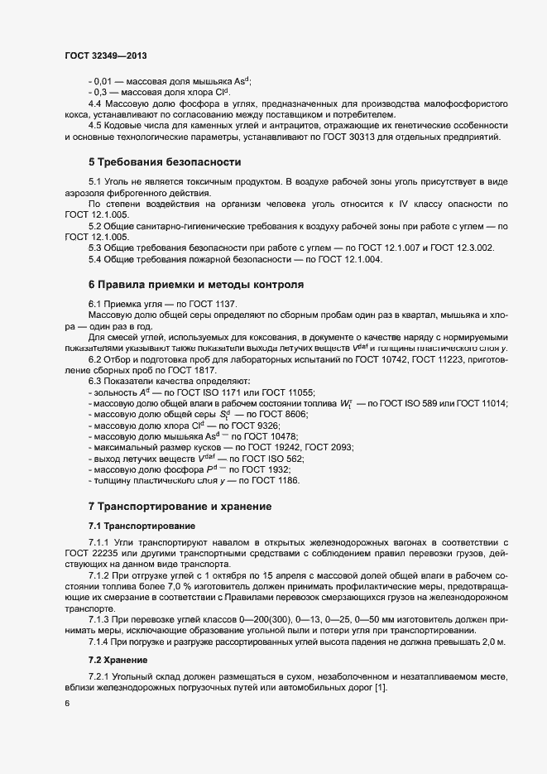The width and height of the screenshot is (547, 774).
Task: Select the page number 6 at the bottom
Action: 68,704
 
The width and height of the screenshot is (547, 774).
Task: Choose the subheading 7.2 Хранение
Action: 118,660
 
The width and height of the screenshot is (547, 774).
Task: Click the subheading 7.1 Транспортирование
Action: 142,526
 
